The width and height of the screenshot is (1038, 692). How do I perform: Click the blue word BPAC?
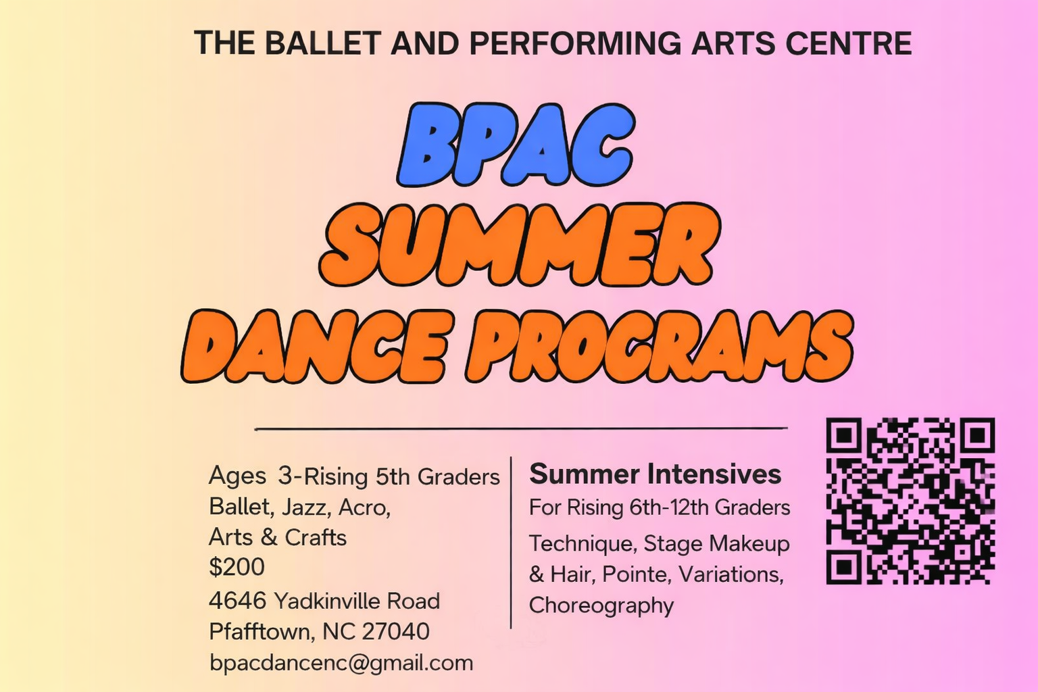515,145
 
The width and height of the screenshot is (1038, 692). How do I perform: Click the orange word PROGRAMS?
660,347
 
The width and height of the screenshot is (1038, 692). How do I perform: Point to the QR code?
910,501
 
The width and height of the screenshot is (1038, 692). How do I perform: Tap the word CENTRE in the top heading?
848,43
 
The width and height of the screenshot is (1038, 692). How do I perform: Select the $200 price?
237,567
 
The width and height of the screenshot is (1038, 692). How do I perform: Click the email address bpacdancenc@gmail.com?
341,663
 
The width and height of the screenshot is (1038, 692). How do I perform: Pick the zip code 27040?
395,631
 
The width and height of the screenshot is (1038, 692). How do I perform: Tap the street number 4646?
238,601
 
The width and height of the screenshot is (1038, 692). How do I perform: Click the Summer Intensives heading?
655,474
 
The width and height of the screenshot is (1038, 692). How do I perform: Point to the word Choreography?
601,605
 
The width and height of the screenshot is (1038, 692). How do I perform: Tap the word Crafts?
315,537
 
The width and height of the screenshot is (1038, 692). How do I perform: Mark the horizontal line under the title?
520,428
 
